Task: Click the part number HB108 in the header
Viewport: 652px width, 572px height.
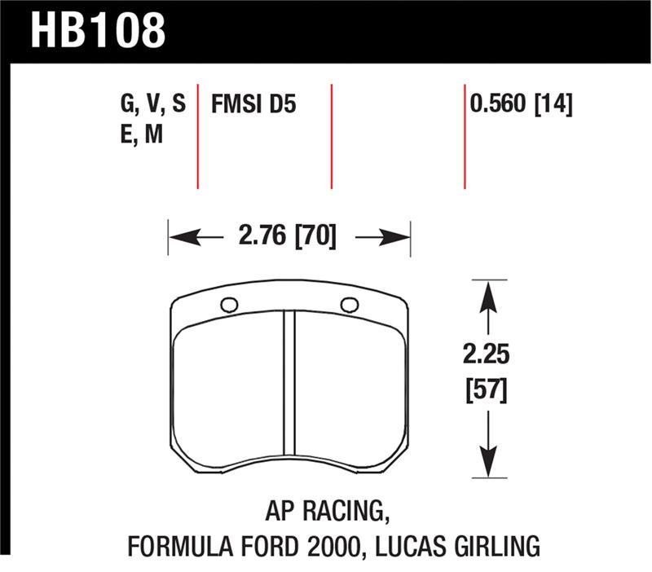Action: coord(98,30)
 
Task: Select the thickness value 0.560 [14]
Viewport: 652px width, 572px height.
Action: coord(520,104)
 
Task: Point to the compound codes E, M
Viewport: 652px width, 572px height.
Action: coord(141,134)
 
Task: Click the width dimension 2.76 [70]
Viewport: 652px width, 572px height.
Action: coord(288,238)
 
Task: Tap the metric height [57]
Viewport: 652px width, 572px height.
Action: coord(487,391)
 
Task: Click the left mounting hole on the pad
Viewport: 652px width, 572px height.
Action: coord(229,306)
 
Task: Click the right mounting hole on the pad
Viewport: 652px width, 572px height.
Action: coord(350,305)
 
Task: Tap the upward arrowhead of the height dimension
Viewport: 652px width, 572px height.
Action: coord(487,293)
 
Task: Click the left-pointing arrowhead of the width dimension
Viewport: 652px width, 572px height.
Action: coord(181,238)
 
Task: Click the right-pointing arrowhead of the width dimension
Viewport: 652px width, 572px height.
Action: coord(397,238)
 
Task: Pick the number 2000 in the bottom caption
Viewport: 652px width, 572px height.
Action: coord(334,544)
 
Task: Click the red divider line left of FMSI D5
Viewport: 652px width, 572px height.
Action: coord(198,135)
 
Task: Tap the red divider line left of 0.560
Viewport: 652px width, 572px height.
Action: coord(465,135)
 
